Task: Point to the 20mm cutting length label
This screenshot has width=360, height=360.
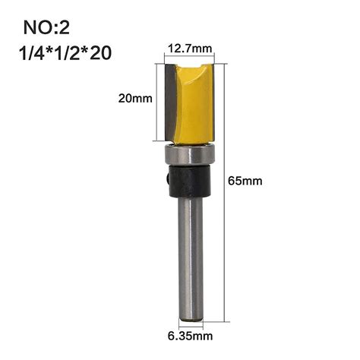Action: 135,99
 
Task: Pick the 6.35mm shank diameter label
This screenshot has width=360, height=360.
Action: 190,333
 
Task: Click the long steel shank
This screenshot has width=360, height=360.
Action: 191,251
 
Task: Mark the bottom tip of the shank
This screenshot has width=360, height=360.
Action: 191,315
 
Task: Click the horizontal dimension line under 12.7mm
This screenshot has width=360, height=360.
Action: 191,58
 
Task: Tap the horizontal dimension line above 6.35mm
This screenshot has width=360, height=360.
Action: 191,323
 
